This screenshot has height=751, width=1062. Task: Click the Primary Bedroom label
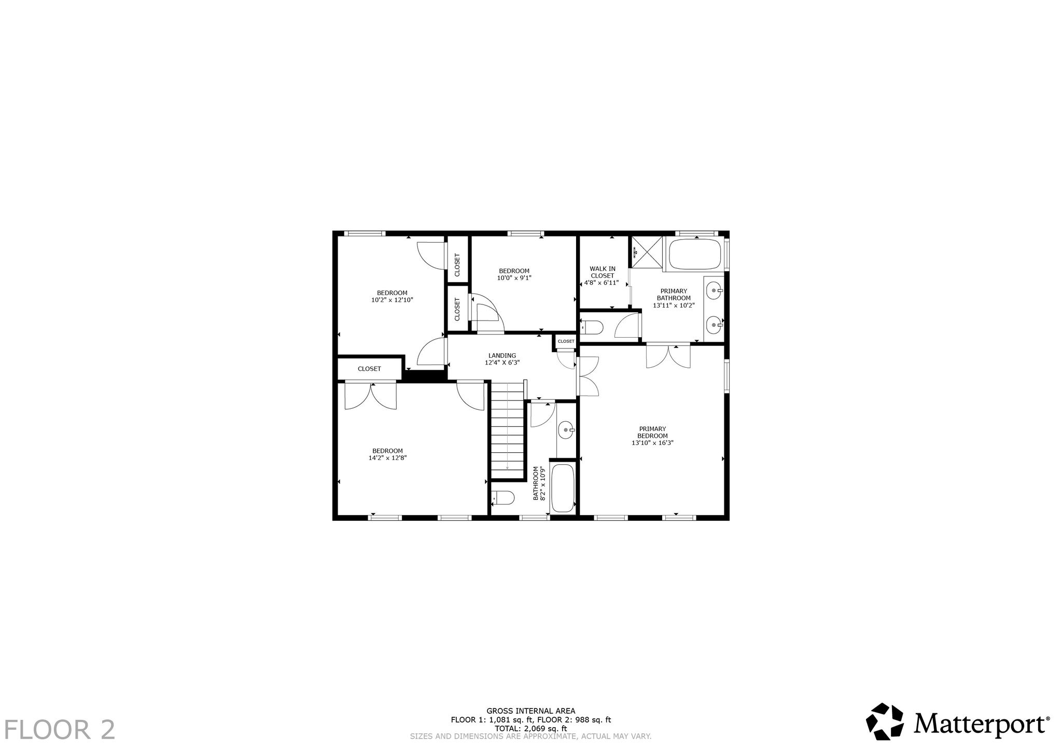click(652, 433)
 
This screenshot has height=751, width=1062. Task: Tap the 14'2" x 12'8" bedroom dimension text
click(387, 458)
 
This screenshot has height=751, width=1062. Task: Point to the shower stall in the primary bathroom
click(647, 253)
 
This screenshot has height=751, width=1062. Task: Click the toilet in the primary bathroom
click(592, 328)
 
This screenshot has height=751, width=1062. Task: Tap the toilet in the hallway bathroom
click(502, 498)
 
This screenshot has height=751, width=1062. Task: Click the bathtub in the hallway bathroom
click(563, 488)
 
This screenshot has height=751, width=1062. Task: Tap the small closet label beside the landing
click(566, 341)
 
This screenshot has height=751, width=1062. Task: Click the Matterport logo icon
click(886, 721)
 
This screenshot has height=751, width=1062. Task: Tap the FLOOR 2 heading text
click(60, 729)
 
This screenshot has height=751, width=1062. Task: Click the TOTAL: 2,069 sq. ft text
click(530, 728)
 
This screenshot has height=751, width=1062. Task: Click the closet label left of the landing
click(369, 369)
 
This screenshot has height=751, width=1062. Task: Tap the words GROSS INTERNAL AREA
click(530, 711)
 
